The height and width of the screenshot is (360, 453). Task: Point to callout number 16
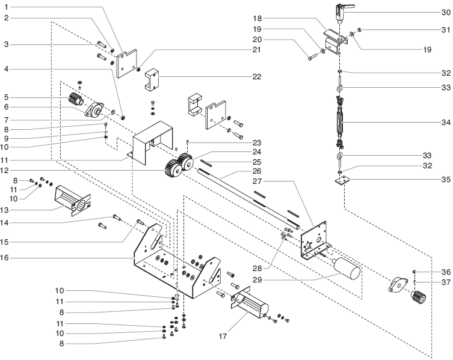(5, 257)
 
